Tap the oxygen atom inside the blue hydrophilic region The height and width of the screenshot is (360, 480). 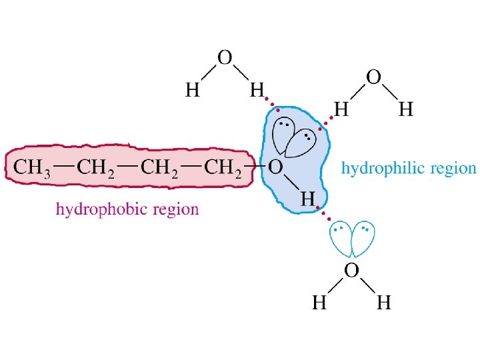[274, 167]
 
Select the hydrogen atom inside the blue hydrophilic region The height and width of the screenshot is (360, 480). [307, 198]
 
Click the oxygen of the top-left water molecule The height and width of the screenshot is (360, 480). [225, 57]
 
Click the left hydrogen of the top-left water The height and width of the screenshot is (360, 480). [192, 90]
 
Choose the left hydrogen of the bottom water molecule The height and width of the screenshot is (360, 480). [319, 303]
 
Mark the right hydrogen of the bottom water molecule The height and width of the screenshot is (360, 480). [384, 303]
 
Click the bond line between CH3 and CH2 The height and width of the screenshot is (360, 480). [63, 163]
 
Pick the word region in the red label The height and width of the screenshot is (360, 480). [176, 210]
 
